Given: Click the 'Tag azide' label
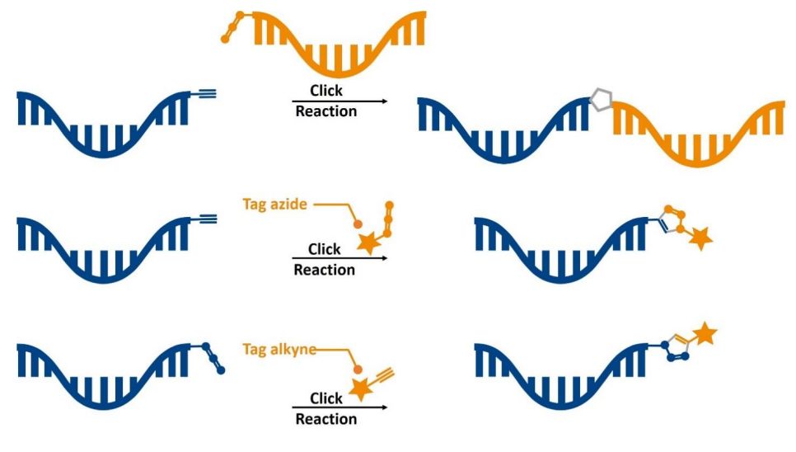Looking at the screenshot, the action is (274, 205).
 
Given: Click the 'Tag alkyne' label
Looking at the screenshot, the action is (279, 350).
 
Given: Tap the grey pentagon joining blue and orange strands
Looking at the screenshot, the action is (601, 100).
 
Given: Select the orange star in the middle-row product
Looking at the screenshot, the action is (700, 238).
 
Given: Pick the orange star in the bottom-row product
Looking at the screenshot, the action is (705, 334).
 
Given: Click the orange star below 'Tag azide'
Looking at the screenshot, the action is (369, 243).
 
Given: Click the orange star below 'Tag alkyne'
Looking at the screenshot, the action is (362, 388).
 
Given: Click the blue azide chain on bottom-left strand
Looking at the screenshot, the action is (213, 358).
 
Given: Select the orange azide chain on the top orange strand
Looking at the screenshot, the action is (232, 26).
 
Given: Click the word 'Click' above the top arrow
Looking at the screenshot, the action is (326, 91).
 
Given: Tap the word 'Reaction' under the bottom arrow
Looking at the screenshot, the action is (326, 419).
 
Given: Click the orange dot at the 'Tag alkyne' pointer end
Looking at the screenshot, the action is (358, 370).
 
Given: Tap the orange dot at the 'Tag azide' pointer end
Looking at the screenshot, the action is (358, 224).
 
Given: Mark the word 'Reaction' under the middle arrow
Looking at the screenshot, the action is (325, 270).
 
